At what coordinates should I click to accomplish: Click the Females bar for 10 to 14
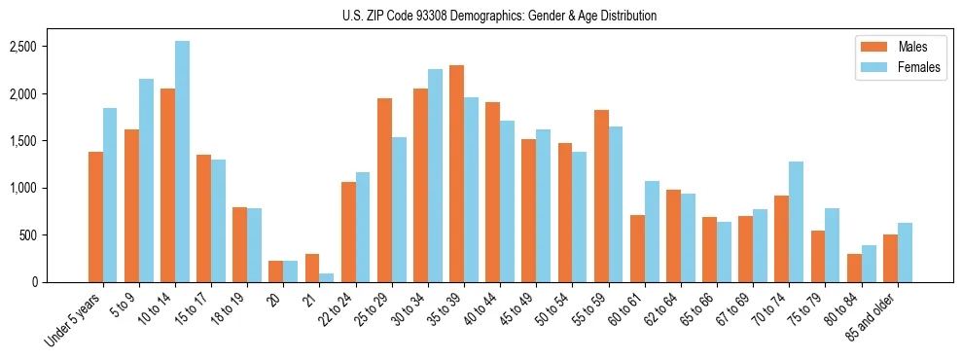(182, 162)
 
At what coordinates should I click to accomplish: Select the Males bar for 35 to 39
(456, 174)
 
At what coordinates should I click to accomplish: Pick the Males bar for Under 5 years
(95, 217)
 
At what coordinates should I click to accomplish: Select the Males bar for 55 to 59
(601, 197)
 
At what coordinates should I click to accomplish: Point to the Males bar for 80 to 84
(854, 269)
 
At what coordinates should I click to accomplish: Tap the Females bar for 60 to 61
(652, 232)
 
